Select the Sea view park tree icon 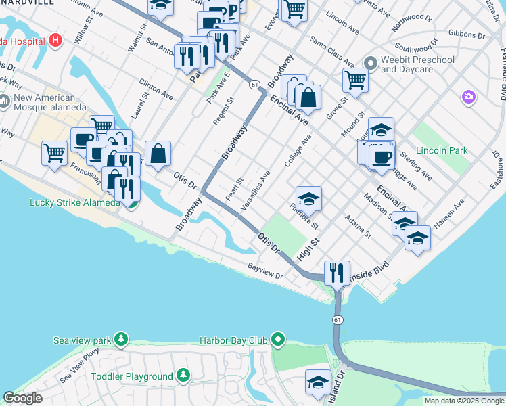120,338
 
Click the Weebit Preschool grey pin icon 369,64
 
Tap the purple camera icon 468,97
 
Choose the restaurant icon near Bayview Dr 337,273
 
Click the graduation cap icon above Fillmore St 308,198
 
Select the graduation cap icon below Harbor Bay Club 318,382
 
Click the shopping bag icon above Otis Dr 158,153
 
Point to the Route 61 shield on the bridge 336,319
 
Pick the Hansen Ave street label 450,213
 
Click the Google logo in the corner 22,398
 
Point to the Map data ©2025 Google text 464,401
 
